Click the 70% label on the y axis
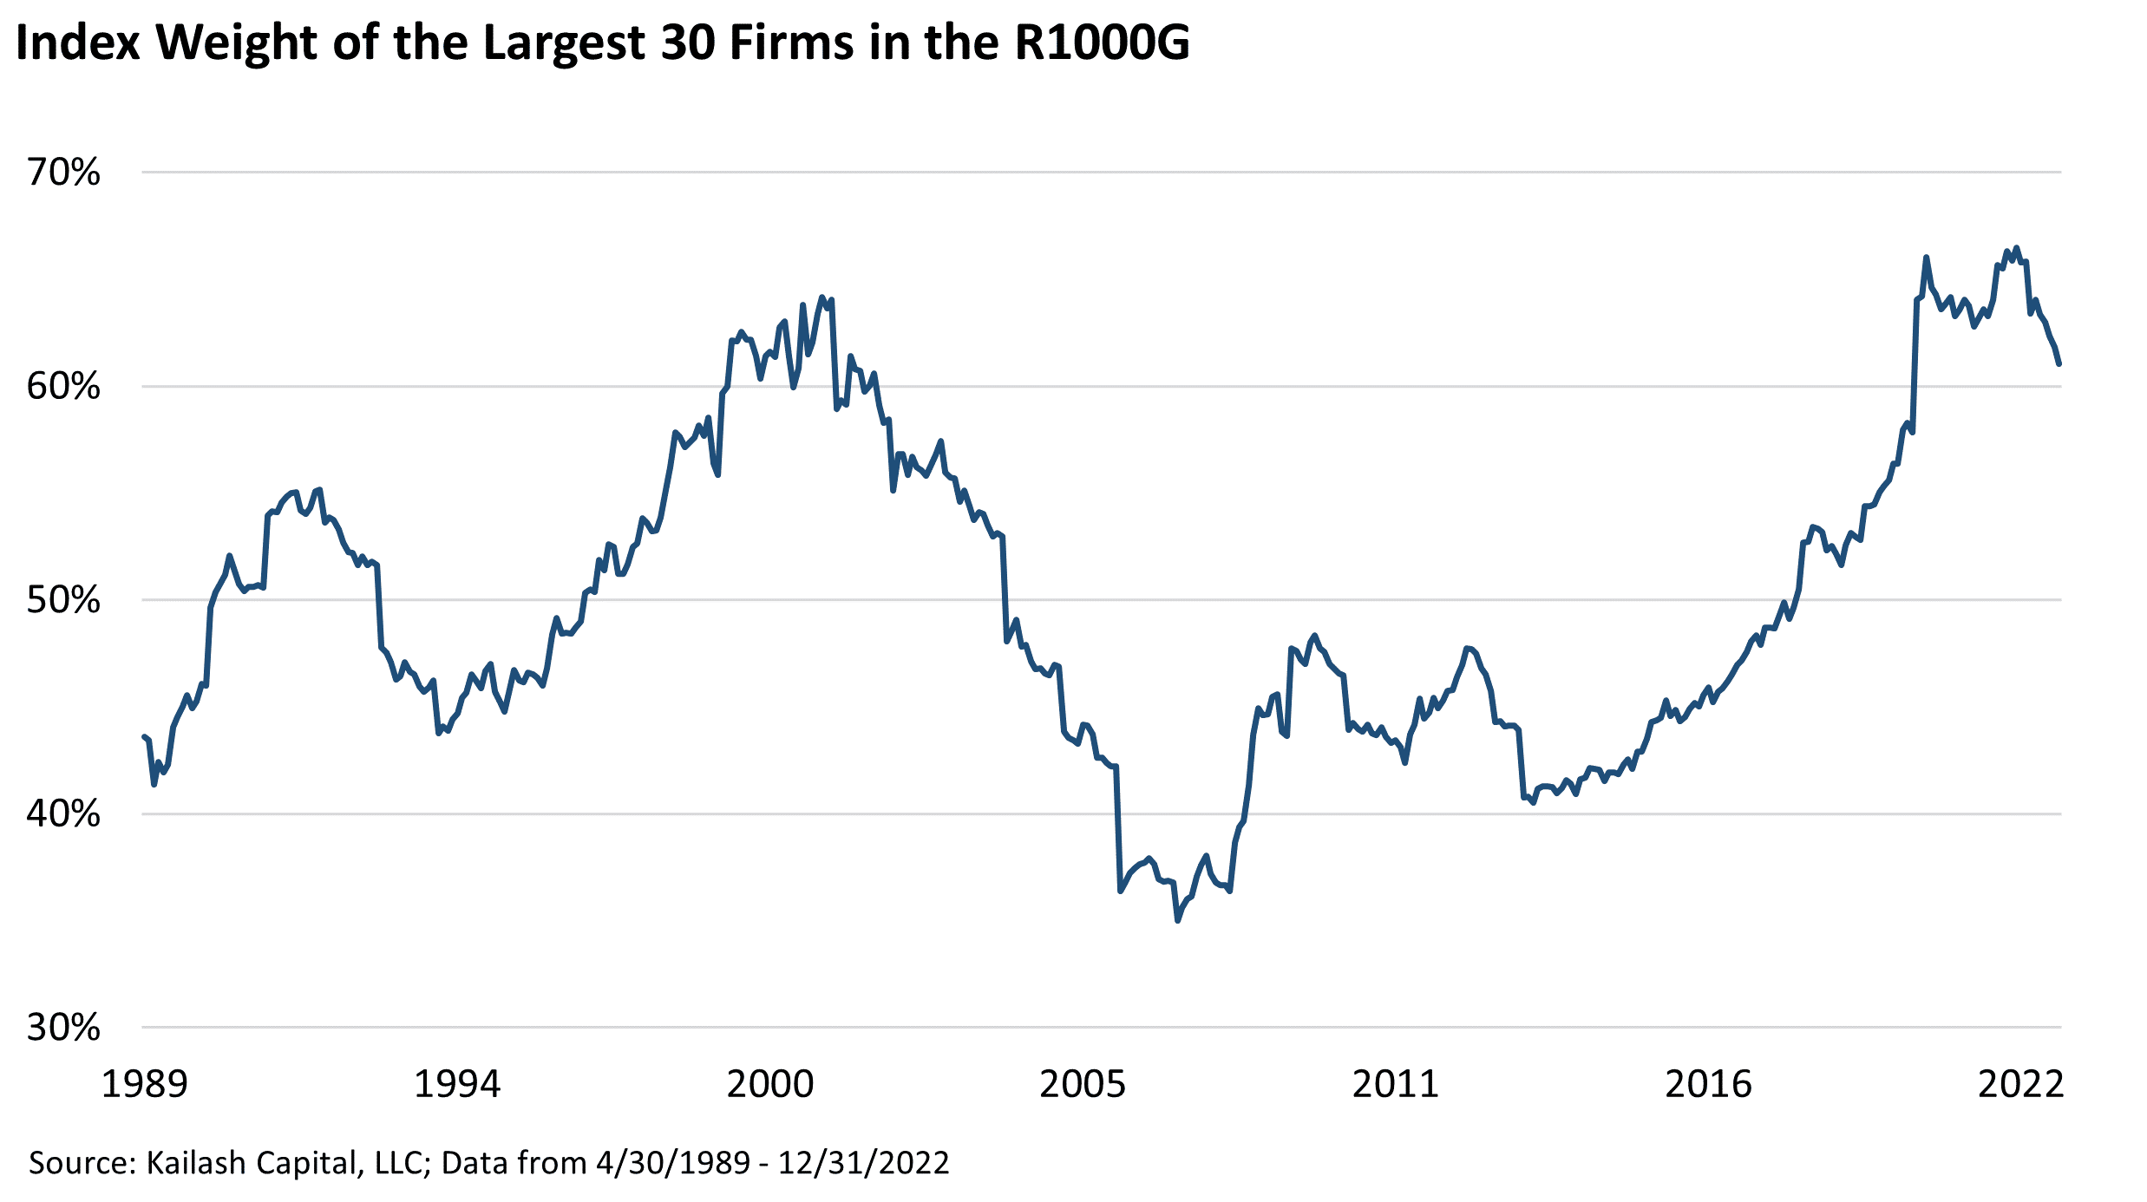click(x=63, y=173)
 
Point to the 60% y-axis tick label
click(x=63, y=386)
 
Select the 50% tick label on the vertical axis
click(x=63, y=600)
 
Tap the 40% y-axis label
click(x=63, y=813)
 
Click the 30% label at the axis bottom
click(x=63, y=1028)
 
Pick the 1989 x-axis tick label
click(x=144, y=1085)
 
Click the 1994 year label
click(x=457, y=1085)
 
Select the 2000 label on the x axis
click(x=770, y=1085)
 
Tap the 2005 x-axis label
click(x=1083, y=1085)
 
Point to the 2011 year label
click(x=1396, y=1085)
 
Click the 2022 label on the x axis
click(x=2021, y=1085)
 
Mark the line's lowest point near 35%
click(x=1177, y=920)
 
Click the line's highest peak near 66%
click(x=2016, y=248)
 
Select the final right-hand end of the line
click(x=2059, y=364)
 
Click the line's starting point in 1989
click(x=144, y=737)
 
